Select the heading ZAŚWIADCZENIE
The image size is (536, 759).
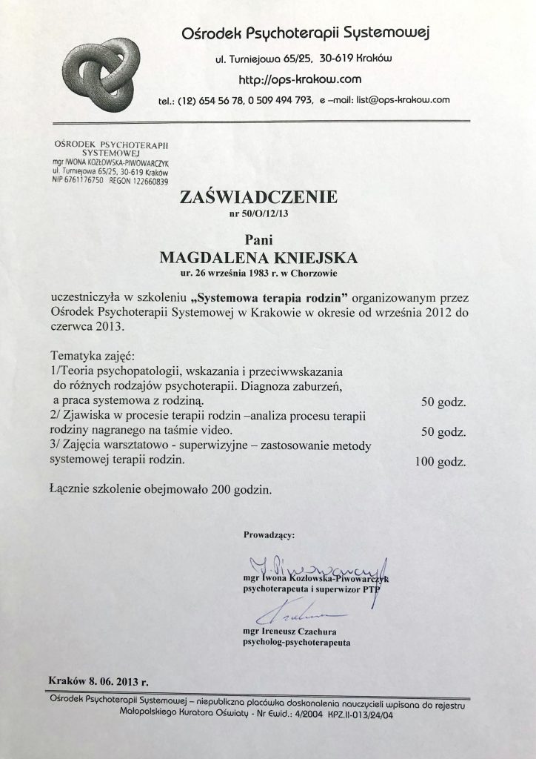pos(257,197)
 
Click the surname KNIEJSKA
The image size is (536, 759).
pos(313,257)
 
